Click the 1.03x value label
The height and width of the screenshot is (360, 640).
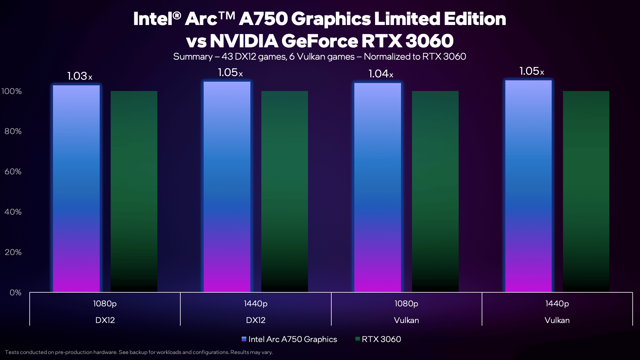(80, 76)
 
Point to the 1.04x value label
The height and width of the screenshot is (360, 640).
(381, 74)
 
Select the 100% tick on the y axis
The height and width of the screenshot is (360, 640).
(12, 91)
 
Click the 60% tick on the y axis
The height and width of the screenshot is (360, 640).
(13, 172)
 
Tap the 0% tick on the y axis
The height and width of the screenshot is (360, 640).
(15, 293)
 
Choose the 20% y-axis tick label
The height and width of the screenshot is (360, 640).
(13, 252)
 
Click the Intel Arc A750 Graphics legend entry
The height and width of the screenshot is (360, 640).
(289, 339)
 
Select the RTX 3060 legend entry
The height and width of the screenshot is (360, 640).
(378, 339)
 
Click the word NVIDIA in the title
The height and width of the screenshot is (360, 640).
(244, 41)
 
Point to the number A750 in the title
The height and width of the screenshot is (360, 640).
(263, 19)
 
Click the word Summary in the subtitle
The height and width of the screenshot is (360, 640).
(193, 57)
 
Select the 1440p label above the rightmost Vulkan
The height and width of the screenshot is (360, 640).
(557, 304)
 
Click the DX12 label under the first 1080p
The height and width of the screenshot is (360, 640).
(105, 320)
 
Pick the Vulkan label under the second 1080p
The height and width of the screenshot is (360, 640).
(406, 320)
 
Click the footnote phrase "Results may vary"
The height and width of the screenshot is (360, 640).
(251, 352)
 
